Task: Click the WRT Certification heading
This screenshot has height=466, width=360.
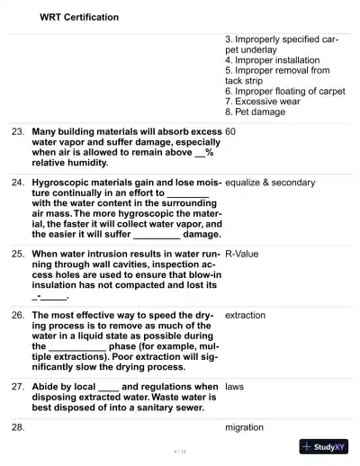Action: (79, 17)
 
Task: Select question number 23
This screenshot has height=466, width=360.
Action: (18, 131)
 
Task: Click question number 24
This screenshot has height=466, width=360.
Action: (18, 183)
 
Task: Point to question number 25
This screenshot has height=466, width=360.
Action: (18, 254)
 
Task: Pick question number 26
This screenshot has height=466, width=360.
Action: (18, 316)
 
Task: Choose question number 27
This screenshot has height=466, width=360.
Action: (18, 387)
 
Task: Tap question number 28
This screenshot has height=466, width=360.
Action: (18, 427)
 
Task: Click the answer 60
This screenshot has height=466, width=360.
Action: (230, 131)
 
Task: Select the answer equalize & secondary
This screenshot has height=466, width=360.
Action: (270, 183)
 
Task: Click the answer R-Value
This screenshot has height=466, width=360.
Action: (241, 254)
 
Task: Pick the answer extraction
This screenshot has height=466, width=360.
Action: (245, 316)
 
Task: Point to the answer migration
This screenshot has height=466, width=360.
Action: (244, 427)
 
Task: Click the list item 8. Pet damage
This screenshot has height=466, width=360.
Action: (255, 112)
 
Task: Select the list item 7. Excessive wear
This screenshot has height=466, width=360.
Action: (262, 102)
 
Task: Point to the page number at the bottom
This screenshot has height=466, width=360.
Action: (179, 450)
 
